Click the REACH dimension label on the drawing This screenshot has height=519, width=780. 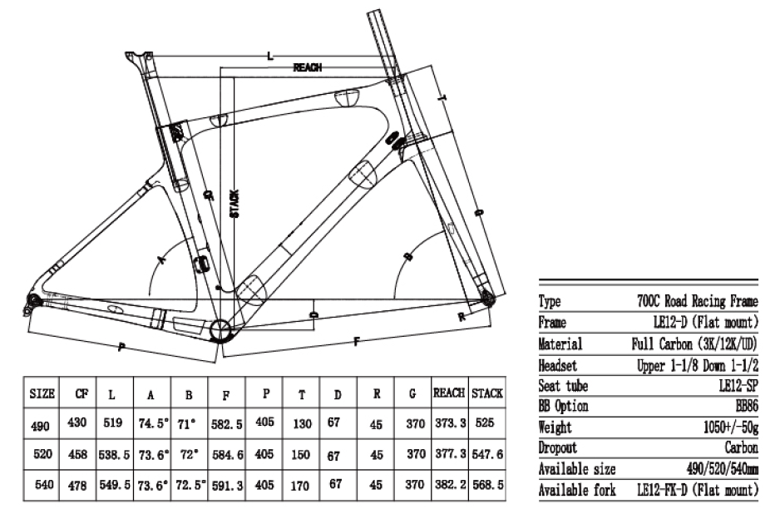click(308, 67)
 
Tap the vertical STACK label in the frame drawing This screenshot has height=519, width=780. click(234, 203)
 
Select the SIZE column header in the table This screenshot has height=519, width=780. click(42, 392)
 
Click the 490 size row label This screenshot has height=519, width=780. click(42, 426)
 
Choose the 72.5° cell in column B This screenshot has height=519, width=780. click(190, 484)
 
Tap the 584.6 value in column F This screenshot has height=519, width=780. click(227, 456)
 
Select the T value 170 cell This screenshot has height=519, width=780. click(302, 484)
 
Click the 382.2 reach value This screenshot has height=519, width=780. click(450, 484)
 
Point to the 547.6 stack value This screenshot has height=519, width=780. click(487, 456)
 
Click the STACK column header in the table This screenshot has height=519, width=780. click(487, 392)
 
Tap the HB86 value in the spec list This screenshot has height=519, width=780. click(743, 406)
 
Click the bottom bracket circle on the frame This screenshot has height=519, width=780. click(223, 329)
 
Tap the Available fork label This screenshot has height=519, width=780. click(577, 490)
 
